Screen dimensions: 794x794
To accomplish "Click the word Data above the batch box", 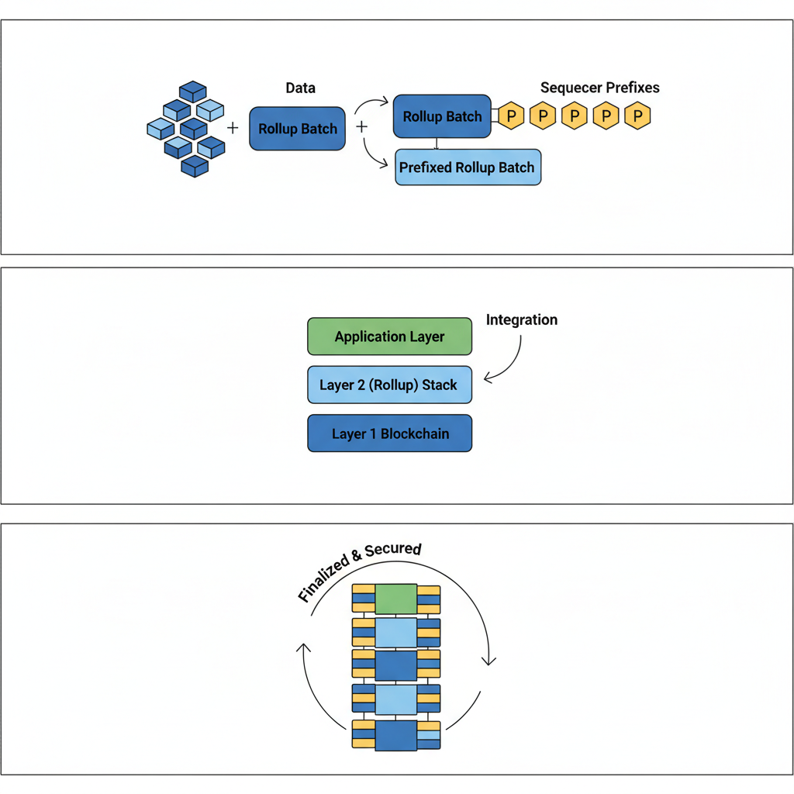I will (x=300, y=88).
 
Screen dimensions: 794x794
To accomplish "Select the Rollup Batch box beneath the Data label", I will (x=298, y=129).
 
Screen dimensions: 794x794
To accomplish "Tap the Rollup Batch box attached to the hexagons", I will (x=442, y=116).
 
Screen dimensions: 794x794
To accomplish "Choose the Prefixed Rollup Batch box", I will (x=468, y=167).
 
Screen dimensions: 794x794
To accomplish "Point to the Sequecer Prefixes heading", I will (x=599, y=88).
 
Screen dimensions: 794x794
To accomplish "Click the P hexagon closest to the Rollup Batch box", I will (x=511, y=116).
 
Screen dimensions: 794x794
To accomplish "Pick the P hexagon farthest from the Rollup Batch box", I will (x=637, y=116).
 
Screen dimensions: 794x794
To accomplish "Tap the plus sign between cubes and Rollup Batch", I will (x=233, y=127).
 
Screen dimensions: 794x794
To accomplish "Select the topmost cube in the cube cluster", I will (x=192, y=91).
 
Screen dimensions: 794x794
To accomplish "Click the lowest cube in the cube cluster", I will (x=195, y=166).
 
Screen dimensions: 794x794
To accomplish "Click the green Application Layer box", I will (x=389, y=337).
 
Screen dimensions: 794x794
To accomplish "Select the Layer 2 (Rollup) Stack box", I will (x=389, y=385).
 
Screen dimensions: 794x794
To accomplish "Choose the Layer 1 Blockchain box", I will (x=389, y=433).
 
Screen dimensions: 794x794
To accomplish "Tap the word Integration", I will (x=521, y=319).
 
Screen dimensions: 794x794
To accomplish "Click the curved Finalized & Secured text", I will (x=359, y=571).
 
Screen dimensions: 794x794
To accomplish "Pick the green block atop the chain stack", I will (x=396, y=599).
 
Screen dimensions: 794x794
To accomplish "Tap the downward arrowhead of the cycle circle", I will (x=488, y=659).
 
